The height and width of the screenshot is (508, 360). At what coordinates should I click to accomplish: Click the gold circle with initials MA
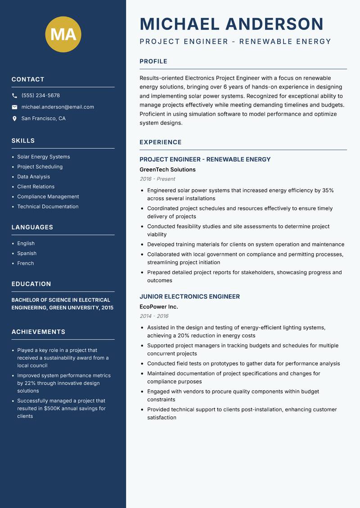point(63,34)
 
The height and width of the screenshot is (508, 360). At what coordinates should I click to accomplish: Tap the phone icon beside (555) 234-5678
point(14,96)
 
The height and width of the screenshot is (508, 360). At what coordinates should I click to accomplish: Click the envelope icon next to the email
point(14,107)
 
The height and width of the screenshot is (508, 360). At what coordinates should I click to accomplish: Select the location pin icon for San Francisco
point(14,119)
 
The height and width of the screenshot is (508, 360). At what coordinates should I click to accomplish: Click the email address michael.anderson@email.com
point(58,107)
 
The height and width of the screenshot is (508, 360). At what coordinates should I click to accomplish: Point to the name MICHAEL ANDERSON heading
point(232,24)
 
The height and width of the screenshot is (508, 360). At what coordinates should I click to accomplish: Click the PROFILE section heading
point(153,61)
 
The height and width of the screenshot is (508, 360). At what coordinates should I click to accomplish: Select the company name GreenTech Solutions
point(167,169)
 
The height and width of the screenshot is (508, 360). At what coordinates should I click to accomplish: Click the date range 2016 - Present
point(157,179)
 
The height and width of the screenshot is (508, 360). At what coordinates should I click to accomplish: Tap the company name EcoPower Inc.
point(159,307)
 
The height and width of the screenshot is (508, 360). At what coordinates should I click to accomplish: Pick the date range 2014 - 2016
point(154,316)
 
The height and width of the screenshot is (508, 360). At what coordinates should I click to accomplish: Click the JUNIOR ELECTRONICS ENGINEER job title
point(189,297)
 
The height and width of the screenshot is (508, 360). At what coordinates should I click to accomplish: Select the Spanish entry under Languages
point(27,254)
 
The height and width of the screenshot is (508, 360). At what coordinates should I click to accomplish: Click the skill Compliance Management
point(48,196)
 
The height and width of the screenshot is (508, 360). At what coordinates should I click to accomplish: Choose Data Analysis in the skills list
point(33,177)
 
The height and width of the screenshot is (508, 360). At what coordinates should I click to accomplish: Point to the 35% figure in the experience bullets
point(328,191)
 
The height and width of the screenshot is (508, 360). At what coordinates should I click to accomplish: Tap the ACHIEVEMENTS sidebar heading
point(38,332)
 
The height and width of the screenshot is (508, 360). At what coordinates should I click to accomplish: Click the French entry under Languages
point(25,263)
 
